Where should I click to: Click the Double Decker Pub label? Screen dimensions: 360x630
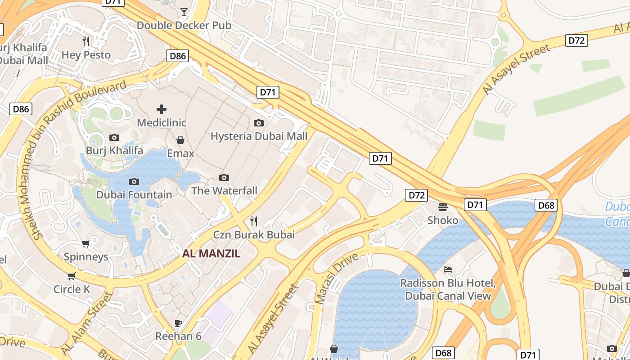click(184, 25)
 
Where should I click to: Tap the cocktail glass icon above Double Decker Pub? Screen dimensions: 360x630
click(184, 12)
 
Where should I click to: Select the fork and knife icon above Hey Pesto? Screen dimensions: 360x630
click(86, 41)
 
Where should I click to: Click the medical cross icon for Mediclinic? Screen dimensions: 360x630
click(162, 109)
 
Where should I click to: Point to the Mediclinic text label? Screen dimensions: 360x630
click(162, 122)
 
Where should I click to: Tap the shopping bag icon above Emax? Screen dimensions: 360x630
click(180, 140)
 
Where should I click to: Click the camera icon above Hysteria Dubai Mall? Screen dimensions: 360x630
click(259, 123)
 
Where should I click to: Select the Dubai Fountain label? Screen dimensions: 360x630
click(134, 195)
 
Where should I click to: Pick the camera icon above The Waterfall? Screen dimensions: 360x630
click(224, 177)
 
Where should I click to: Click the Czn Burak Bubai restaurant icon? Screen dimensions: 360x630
click(254, 221)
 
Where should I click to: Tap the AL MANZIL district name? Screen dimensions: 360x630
click(211, 253)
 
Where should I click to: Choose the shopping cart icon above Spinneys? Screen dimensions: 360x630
click(86, 243)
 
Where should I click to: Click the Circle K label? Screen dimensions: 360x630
click(72, 289)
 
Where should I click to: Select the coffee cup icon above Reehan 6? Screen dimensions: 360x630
click(178, 323)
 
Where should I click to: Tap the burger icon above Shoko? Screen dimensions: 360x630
click(443, 207)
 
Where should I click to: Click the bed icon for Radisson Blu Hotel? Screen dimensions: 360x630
click(448, 270)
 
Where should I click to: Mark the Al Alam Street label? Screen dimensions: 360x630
click(87, 323)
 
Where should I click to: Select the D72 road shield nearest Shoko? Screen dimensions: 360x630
click(416, 195)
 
